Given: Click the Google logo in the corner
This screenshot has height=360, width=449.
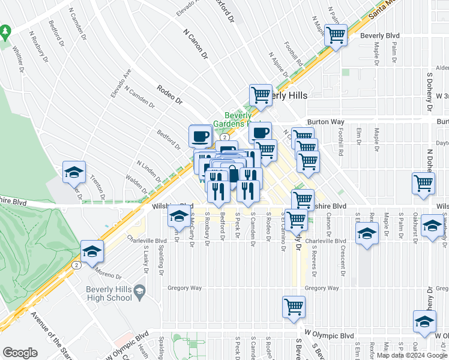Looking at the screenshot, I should pos(20,353).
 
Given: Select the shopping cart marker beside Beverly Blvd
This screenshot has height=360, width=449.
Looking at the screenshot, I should pos(336,35).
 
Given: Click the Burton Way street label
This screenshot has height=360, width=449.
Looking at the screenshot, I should pos(327,121).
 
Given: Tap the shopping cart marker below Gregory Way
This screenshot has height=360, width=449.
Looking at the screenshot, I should pos(294,307).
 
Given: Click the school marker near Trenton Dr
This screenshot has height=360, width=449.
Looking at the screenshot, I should pos(74,172).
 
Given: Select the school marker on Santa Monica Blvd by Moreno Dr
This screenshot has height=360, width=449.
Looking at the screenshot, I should pos(92,251).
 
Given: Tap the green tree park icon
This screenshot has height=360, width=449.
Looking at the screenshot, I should pos(5,30).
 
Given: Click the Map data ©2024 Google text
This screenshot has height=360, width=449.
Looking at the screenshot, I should pos(411,355).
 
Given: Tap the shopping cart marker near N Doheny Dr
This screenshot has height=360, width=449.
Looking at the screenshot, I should pos(423,183).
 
